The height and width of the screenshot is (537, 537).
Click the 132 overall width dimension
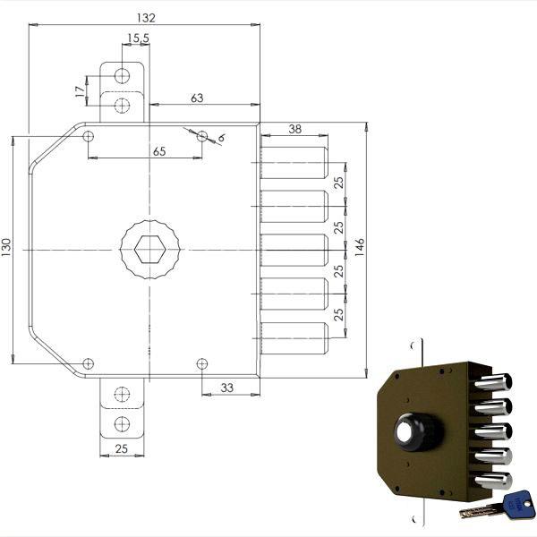click(x=145, y=17)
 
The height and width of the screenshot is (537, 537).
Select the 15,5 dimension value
click(x=138, y=38)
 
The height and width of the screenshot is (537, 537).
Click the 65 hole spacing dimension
click(x=158, y=151)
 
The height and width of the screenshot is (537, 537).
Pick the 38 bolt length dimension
click(x=295, y=129)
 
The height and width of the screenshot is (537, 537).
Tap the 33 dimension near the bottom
click(x=227, y=388)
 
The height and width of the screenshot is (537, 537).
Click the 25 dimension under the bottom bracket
click(x=123, y=450)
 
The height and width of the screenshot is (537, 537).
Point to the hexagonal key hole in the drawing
click(x=149, y=246)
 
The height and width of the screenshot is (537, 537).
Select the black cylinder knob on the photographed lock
click(x=417, y=433)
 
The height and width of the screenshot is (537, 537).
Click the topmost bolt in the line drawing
click(x=295, y=161)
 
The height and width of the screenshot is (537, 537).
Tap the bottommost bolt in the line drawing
click(x=295, y=337)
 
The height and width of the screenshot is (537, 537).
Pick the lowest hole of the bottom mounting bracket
click(x=123, y=422)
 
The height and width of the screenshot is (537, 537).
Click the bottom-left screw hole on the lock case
click(x=88, y=362)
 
